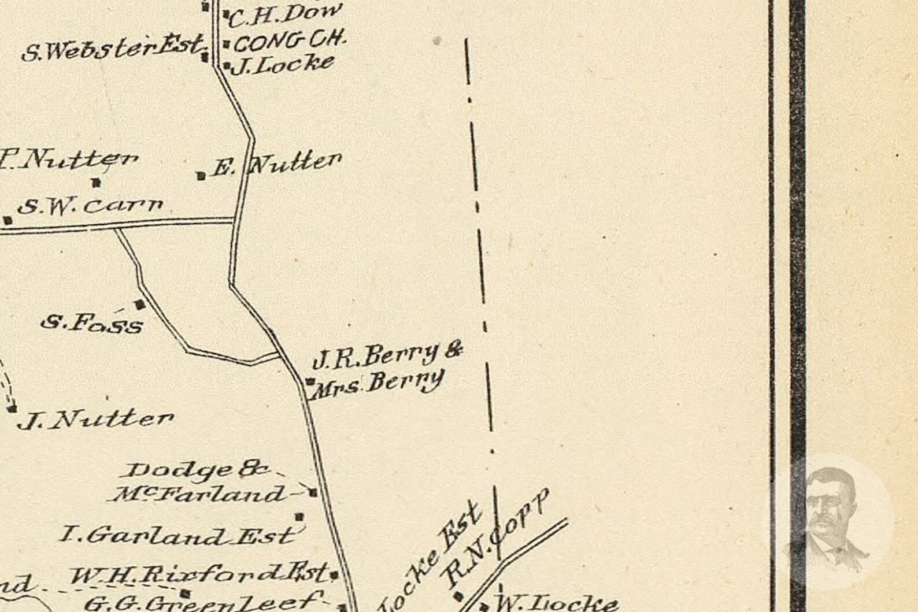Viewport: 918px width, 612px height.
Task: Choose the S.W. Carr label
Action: pyautogui.click(x=90, y=206)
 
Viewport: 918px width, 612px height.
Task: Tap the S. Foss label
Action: pyautogui.click(x=92, y=324)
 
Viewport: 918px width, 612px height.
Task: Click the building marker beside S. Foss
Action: pyautogui.click(x=140, y=304)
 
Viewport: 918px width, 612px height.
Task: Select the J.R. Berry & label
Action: pyautogui.click(x=387, y=355)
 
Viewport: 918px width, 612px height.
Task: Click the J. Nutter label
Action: pyautogui.click(x=96, y=420)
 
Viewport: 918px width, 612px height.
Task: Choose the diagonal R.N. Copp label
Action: pyautogui.click(x=496, y=537)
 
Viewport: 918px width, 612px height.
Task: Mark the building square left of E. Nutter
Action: pyautogui.click(x=201, y=176)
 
